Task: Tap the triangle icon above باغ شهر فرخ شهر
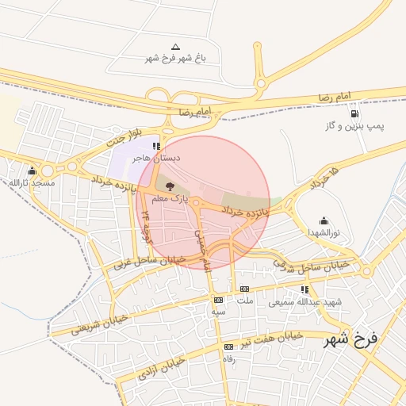(x=175, y=47)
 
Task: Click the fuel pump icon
(x=353, y=114)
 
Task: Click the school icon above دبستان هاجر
(x=157, y=147)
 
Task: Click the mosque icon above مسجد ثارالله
(x=32, y=171)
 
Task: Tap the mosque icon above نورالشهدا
(x=324, y=221)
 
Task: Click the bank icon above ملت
(x=244, y=289)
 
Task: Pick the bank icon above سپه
(x=218, y=301)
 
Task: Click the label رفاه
(x=228, y=358)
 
